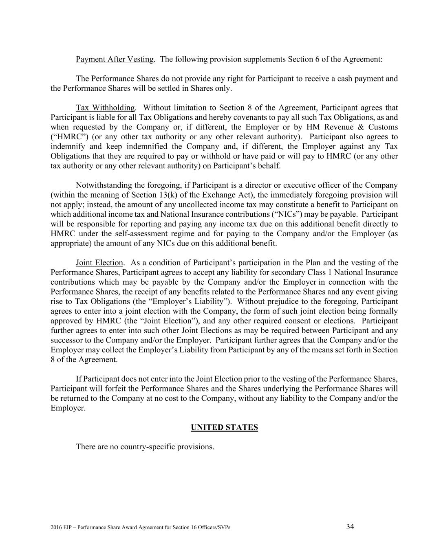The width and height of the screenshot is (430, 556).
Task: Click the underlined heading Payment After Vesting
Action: click(115, 59)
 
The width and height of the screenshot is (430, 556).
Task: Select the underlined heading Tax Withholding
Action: click(105, 108)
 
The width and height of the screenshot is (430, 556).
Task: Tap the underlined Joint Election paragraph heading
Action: click(99, 263)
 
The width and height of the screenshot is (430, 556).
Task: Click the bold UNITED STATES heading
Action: click(224, 428)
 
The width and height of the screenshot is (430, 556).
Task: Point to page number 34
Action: click(350, 527)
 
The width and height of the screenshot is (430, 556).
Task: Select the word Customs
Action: click(383, 127)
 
